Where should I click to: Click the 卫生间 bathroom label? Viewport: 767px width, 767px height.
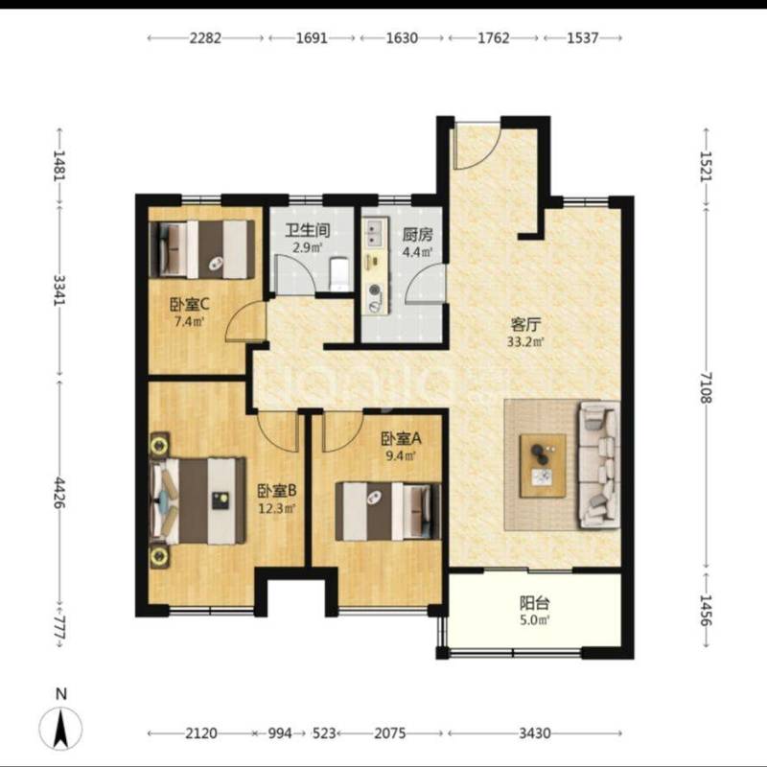(307, 230)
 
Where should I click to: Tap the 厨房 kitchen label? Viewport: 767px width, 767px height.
(417, 235)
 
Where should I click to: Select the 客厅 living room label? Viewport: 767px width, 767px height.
(525, 324)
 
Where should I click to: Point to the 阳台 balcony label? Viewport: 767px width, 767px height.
(534, 603)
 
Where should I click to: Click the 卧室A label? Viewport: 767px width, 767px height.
(401, 439)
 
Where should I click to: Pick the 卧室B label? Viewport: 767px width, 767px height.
(277, 490)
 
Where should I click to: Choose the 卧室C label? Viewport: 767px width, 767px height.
(189, 305)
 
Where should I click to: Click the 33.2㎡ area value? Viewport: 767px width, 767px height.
(525, 342)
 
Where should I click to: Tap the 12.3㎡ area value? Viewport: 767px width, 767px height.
(277, 508)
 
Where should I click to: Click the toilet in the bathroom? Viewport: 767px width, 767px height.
(339, 274)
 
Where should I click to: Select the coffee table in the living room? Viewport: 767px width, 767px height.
(543, 465)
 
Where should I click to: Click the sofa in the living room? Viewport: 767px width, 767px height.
(599, 464)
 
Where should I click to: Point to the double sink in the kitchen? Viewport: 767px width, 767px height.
(375, 233)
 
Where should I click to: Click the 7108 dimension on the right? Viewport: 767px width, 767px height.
(706, 387)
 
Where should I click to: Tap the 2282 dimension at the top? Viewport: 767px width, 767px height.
(205, 37)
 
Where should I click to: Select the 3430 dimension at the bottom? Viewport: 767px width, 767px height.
(535, 733)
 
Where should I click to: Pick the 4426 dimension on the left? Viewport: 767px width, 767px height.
(59, 492)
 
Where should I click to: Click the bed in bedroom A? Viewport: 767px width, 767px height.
(388, 511)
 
